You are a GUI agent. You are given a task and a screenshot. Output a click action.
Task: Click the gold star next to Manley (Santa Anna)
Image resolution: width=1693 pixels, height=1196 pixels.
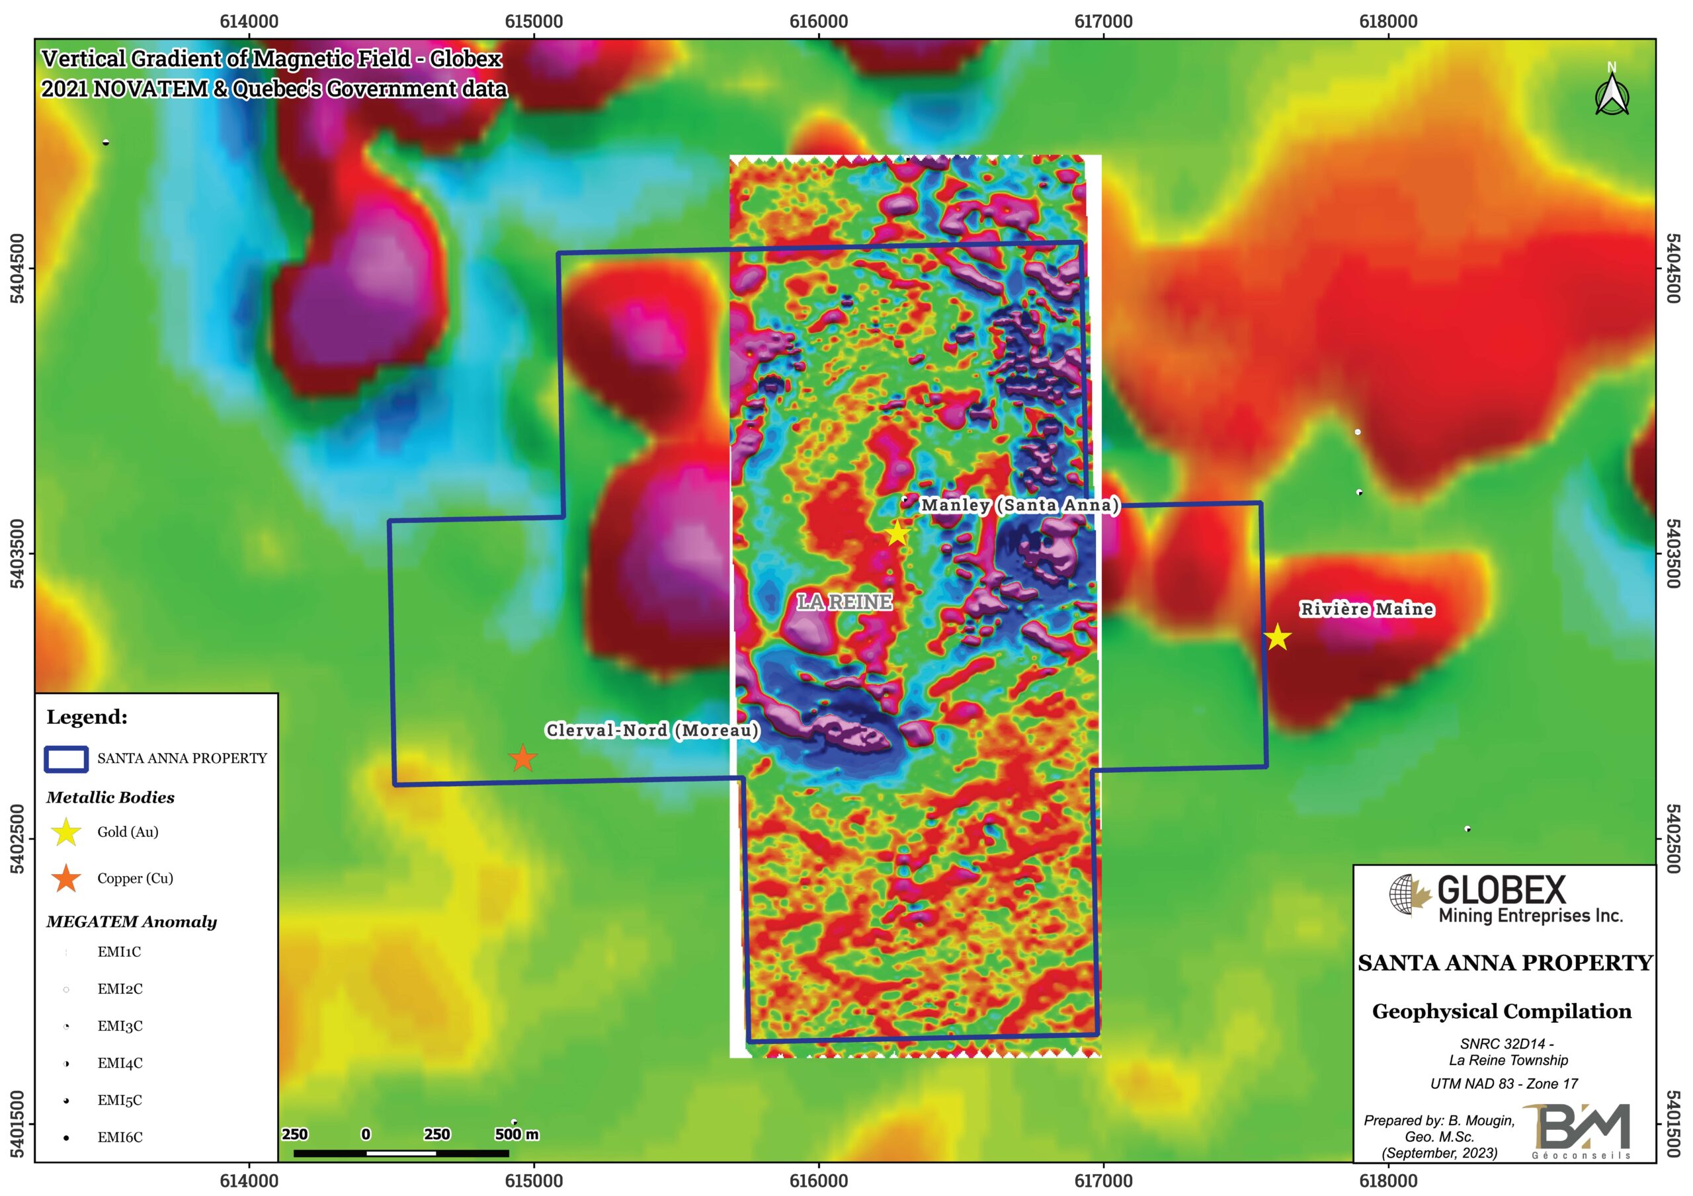click(x=897, y=533)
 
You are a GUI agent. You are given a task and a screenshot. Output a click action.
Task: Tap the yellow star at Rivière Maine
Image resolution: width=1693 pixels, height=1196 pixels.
click(x=1277, y=637)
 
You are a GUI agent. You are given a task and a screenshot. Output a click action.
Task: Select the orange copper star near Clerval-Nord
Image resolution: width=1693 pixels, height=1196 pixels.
click(x=523, y=758)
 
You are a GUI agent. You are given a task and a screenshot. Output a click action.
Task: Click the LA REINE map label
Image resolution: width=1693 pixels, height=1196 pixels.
click(x=845, y=602)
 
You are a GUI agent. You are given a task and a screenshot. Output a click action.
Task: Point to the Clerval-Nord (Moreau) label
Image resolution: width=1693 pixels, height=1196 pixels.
click(x=652, y=730)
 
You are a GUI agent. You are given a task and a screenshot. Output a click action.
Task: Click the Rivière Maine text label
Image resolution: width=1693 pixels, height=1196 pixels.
click(x=1366, y=609)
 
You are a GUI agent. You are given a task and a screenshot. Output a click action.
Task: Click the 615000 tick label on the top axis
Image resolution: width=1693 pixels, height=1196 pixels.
click(x=534, y=21)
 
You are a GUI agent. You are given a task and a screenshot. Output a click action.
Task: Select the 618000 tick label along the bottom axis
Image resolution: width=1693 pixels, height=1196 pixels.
click(x=1387, y=1181)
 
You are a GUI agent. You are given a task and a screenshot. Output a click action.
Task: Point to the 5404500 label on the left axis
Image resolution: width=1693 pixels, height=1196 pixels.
click(x=17, y=268)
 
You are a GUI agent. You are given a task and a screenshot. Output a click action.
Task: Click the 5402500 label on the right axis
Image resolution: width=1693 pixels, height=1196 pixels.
click(x=1674, y=838)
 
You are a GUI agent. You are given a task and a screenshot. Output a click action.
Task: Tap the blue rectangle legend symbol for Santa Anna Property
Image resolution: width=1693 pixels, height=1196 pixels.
click(x=66, y=759)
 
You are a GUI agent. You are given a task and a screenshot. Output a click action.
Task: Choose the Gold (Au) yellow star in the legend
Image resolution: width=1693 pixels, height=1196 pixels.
click(x=66, y=832)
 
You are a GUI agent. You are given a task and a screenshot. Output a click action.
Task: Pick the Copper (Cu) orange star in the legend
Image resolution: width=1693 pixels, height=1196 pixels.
click(x=66, y=878)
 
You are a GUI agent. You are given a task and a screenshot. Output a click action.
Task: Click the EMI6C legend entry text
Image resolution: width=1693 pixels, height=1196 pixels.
click(x=120, y=1137)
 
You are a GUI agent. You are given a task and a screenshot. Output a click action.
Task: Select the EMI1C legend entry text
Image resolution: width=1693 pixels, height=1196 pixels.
click(x=119, y=952)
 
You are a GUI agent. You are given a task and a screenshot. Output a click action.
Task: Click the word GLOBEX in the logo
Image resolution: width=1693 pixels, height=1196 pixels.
click(x=1501, y=890)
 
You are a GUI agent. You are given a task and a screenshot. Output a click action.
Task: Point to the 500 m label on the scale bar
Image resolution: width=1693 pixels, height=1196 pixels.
click(x=516, y=1134)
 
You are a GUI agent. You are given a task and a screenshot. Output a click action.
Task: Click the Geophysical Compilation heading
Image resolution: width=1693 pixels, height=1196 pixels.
click(x=1501, y=1011)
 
